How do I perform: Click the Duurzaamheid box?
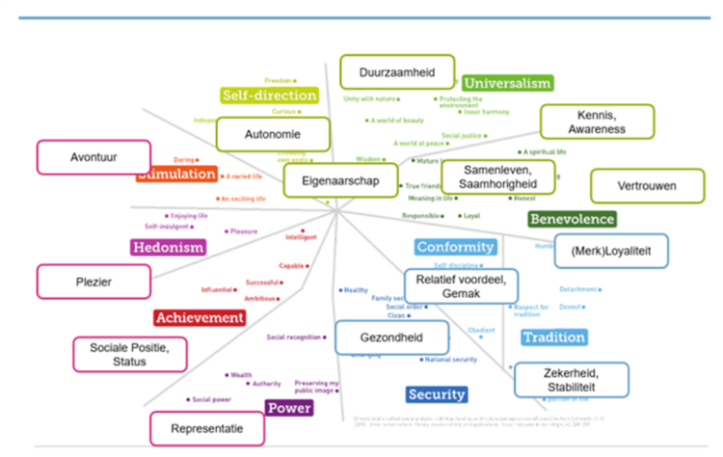click(x=396, y=71)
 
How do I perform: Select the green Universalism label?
click(x=507, y=83)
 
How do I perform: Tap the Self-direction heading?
click(x=269, y=95)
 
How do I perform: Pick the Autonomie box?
click(x=273, y=134)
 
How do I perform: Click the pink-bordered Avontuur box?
click(x=94, y=157)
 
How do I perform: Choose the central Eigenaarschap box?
click(x=340, y=180)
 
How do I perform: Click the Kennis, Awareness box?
click(x=596, y=121)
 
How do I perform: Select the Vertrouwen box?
click(x=646, y=185)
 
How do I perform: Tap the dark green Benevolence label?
click(x=572, y=219)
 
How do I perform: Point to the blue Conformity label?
click(x=455, y=247)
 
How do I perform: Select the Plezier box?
click(x=94, y=281)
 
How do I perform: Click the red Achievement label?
click(x=200, y=317)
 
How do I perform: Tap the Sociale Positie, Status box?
click(x=125, y=354)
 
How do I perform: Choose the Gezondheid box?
click(x=392, y=336)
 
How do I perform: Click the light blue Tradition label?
click(x=553, y=337)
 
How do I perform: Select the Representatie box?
click(x=207, y=428)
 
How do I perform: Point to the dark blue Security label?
click(x=436, y=394)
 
